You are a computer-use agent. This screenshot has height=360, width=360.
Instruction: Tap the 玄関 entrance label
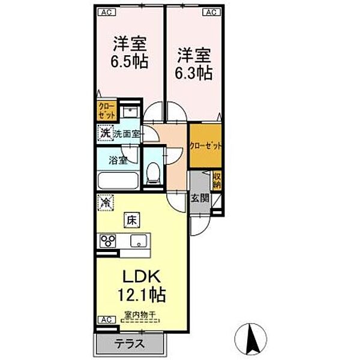click(x=199, y=199)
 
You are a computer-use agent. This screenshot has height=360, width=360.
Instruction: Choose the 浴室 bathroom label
click(x=118, y=160)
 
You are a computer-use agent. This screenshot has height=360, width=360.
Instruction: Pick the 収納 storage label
click(x=217, y=180)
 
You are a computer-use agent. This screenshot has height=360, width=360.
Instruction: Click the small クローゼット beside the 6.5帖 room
click(x=106, y=112)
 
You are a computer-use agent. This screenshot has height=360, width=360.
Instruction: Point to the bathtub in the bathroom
click(x=119, y=179)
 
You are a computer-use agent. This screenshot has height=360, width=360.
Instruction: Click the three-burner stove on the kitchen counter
click(x=110, y=241)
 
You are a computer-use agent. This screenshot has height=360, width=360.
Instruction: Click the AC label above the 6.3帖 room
click(x=210, y=11)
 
